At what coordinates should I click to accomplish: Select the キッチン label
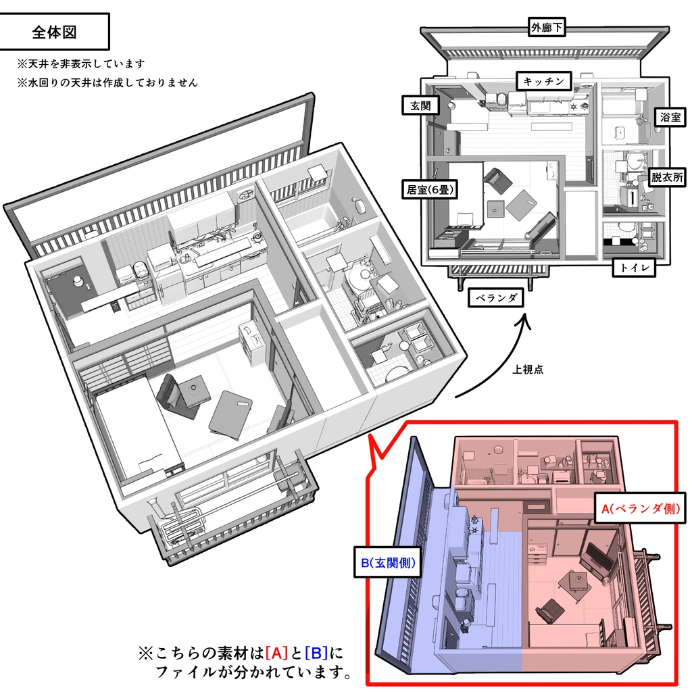545,81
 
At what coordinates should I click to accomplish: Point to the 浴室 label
670,117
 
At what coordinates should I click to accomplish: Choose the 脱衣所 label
666,178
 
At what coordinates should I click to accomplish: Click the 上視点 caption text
528,369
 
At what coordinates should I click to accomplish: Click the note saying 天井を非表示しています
82,64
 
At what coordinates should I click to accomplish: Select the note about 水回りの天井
108,83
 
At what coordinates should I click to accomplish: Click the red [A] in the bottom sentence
276,653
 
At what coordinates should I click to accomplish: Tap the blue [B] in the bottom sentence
316,653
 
